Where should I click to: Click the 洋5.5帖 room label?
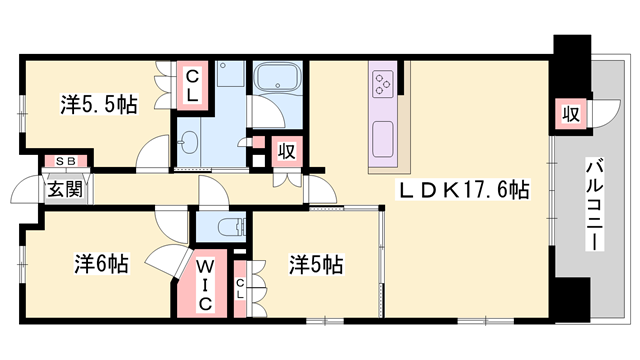(x=98, y=104)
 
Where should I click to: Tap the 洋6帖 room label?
(x=100, y=264)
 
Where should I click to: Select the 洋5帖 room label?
(x=316, y=264)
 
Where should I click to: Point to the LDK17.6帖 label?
(x=466, y=189)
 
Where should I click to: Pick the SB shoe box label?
(x=65, y=161)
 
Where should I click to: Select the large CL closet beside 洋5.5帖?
(x=191, y=86)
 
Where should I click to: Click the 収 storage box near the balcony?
(x=569, y=113)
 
